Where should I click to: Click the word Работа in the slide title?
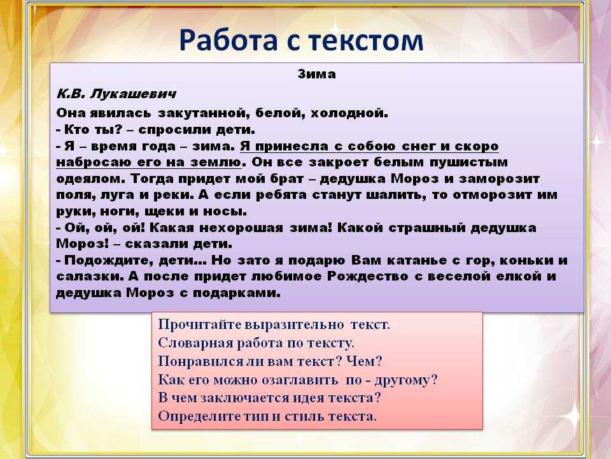(x=228, y=40)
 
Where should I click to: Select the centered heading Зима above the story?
(x=317, y=74)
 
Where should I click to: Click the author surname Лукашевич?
(x=133, y=94)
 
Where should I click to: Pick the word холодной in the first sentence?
(x=349, y=113)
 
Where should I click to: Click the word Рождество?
(x=367, y=276)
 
